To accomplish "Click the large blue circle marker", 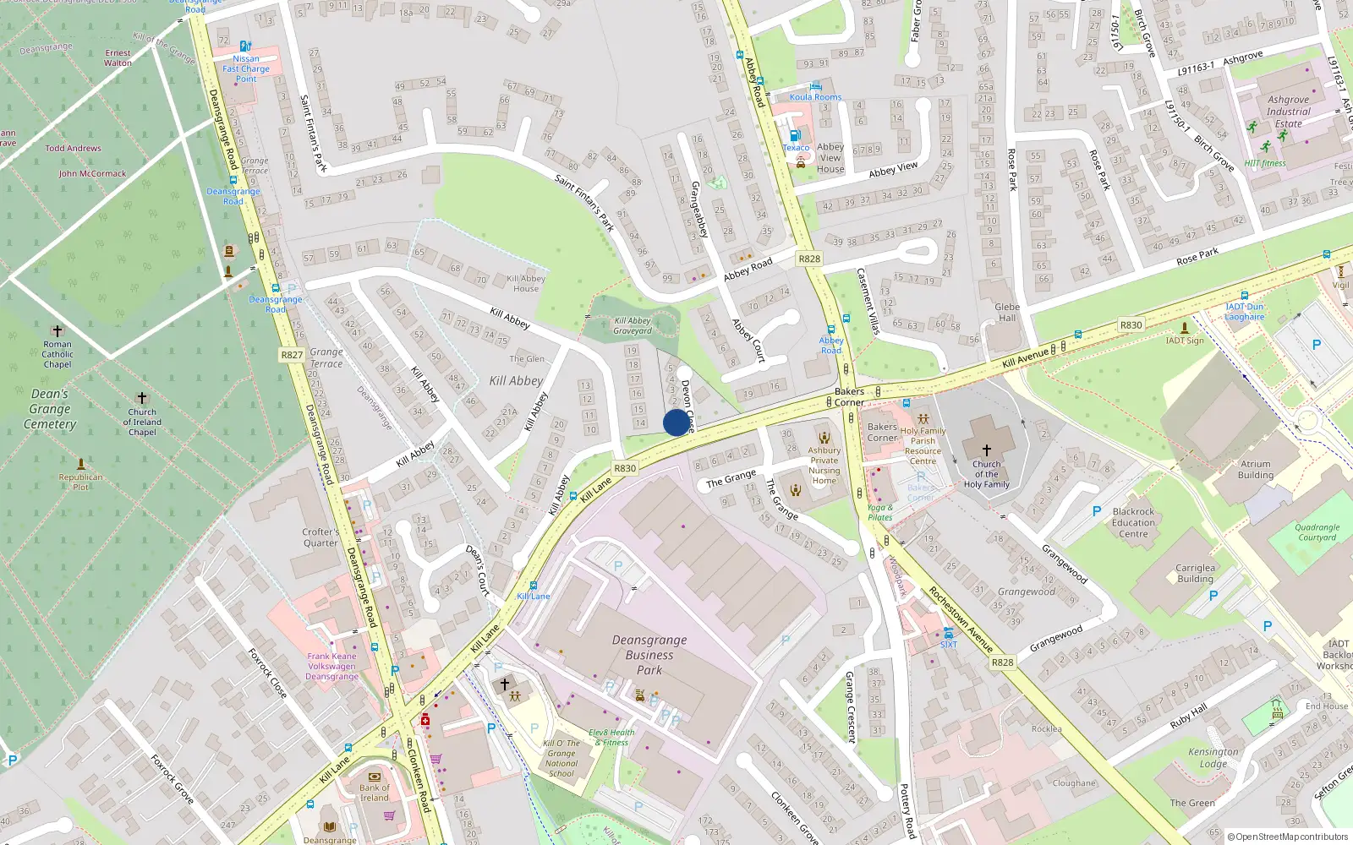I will tap(676, 422).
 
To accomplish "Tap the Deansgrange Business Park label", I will tap(649, 655).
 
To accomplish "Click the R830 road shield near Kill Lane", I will tap(625, 468).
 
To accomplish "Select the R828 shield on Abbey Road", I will tap(809, 259).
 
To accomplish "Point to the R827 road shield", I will tap(292, 355).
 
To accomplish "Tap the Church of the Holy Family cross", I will tap(986, 450).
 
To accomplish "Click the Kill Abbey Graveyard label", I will tap(633, 325).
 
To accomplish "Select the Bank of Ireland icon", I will tap(375, 777).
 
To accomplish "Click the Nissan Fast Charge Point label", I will tap(246, 68).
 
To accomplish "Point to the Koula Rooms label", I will tap(815, 96).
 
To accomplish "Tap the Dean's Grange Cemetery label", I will tap(50, 409).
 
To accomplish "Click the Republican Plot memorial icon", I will tap(81, 464).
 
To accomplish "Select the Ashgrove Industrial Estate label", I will tap(1289, 112).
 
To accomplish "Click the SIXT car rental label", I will tap(949, 644).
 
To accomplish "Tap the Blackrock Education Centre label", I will tap(1133, 522).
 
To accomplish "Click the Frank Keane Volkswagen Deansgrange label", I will tap(331, 666).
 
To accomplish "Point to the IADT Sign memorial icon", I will tap(1185, 328).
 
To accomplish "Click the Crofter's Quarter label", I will tap(320, 537).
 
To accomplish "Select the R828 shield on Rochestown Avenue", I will tap(1002, 662).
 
